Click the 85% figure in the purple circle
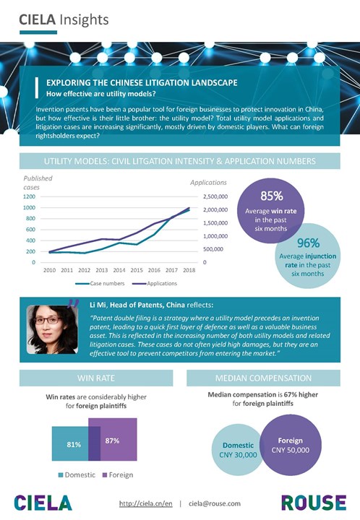tap(272, 196)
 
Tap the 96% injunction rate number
tap(308, 243)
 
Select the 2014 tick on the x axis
tap(119, 270)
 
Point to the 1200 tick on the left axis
tap(29, 196)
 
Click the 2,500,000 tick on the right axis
tap(215, 196)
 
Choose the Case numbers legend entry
tap(100, 284)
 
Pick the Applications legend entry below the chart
tap(155, 284)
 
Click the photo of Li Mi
tap(53, 329)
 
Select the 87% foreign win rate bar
tap(113, 439)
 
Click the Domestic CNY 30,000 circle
tap(237, 450)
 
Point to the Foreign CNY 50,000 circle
tap(291, 445)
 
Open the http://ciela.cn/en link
tap(145, 503)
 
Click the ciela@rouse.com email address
tap(215, 503)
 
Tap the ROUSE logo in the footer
tap(314, 503)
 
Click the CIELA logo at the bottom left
tap(43, 503)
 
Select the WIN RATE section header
tap(96, 378)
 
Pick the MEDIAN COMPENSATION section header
tap(263, 378)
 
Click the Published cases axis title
tap(38, 183)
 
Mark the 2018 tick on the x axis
tap(189, 270)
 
